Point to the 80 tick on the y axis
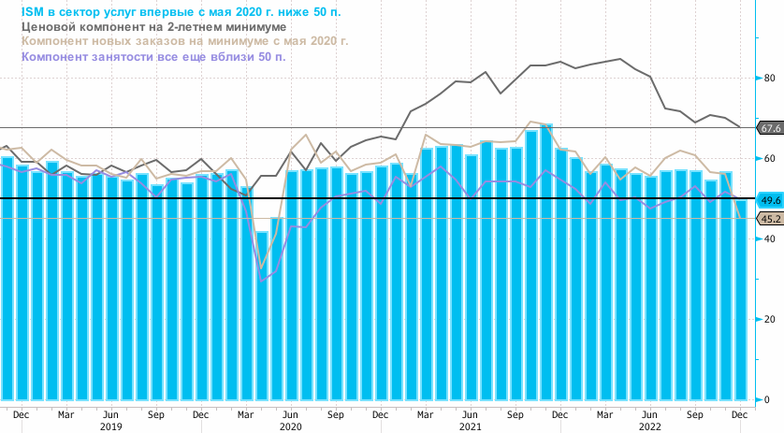pos(769,79)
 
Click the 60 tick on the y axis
pos(769,159)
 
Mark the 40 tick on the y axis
pos(769,239)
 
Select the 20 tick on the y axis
pos(769,320)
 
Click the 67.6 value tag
pos(770,127)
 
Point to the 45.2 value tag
pos(770,219)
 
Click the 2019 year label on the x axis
pos(110,426)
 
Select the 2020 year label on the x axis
pos(290,426)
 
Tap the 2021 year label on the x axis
pos(470,426)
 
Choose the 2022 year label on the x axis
pos(649,426)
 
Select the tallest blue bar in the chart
pos(546,262)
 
